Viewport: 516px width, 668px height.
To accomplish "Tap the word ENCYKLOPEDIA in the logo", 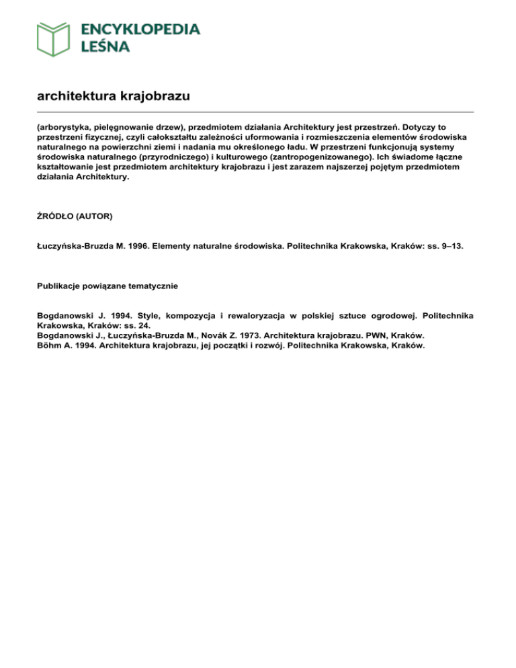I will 140,29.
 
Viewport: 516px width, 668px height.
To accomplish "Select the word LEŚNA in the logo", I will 105,47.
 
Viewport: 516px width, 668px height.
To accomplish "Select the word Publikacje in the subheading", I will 60,286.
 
